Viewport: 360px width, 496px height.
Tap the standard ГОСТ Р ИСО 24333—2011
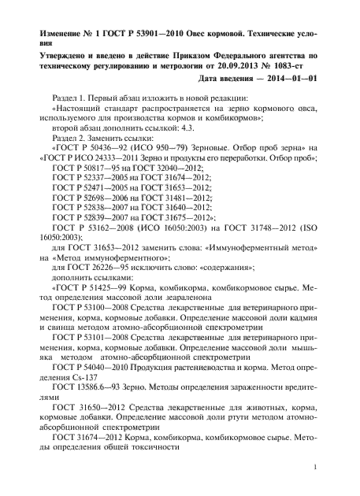coord(97,168)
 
